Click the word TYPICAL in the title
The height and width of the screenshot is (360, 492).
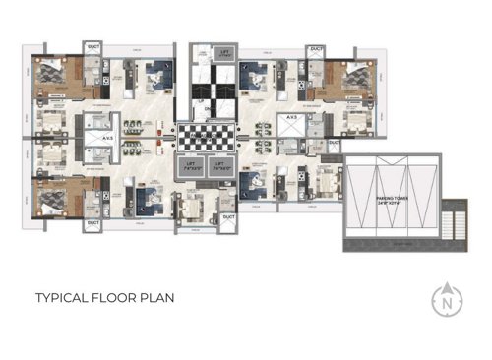click(x=62, y=296)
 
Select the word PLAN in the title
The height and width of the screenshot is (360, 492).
click(x=160, y=296)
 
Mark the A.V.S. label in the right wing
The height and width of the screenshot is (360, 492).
click(x=292, y=118)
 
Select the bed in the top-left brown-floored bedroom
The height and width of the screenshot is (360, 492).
click(x=49, y=73)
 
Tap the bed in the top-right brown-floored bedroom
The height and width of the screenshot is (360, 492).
click(x=351, y=75)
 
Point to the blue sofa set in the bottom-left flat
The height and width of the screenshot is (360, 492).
click(x=153, y=198)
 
